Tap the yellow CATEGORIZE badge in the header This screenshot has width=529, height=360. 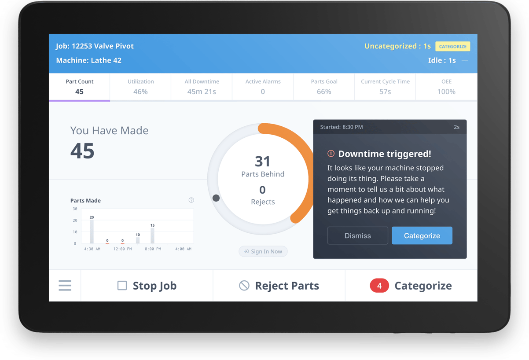(x=452, y=46)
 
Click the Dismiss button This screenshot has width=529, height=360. (x=357, y=235)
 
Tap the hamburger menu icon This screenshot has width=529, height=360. (x=65, y=286)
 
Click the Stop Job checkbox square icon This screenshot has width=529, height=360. (x=122, y=286)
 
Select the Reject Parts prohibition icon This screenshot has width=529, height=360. (x=244, y=286)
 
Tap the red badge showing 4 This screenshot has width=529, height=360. (x=379, y=286)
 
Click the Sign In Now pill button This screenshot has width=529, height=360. (x=263, y=251)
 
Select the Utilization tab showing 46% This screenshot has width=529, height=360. (x=140, y=87)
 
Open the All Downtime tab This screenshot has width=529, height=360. (x=202, y=87)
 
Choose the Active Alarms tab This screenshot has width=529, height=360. (x=263, y=87)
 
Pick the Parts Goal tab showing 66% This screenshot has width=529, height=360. (x=324, y=87)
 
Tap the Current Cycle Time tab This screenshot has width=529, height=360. (x=385, y=87)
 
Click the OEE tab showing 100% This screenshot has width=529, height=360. (x=446, y=87)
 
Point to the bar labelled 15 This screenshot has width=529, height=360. (x=153, y=235)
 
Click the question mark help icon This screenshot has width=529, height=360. (x=191, y=200)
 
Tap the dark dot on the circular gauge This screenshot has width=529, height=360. (x=216, y=198)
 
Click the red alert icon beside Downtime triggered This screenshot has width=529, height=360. (x=331, y=154)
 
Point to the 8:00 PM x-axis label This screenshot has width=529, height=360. (x=153, y=249)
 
